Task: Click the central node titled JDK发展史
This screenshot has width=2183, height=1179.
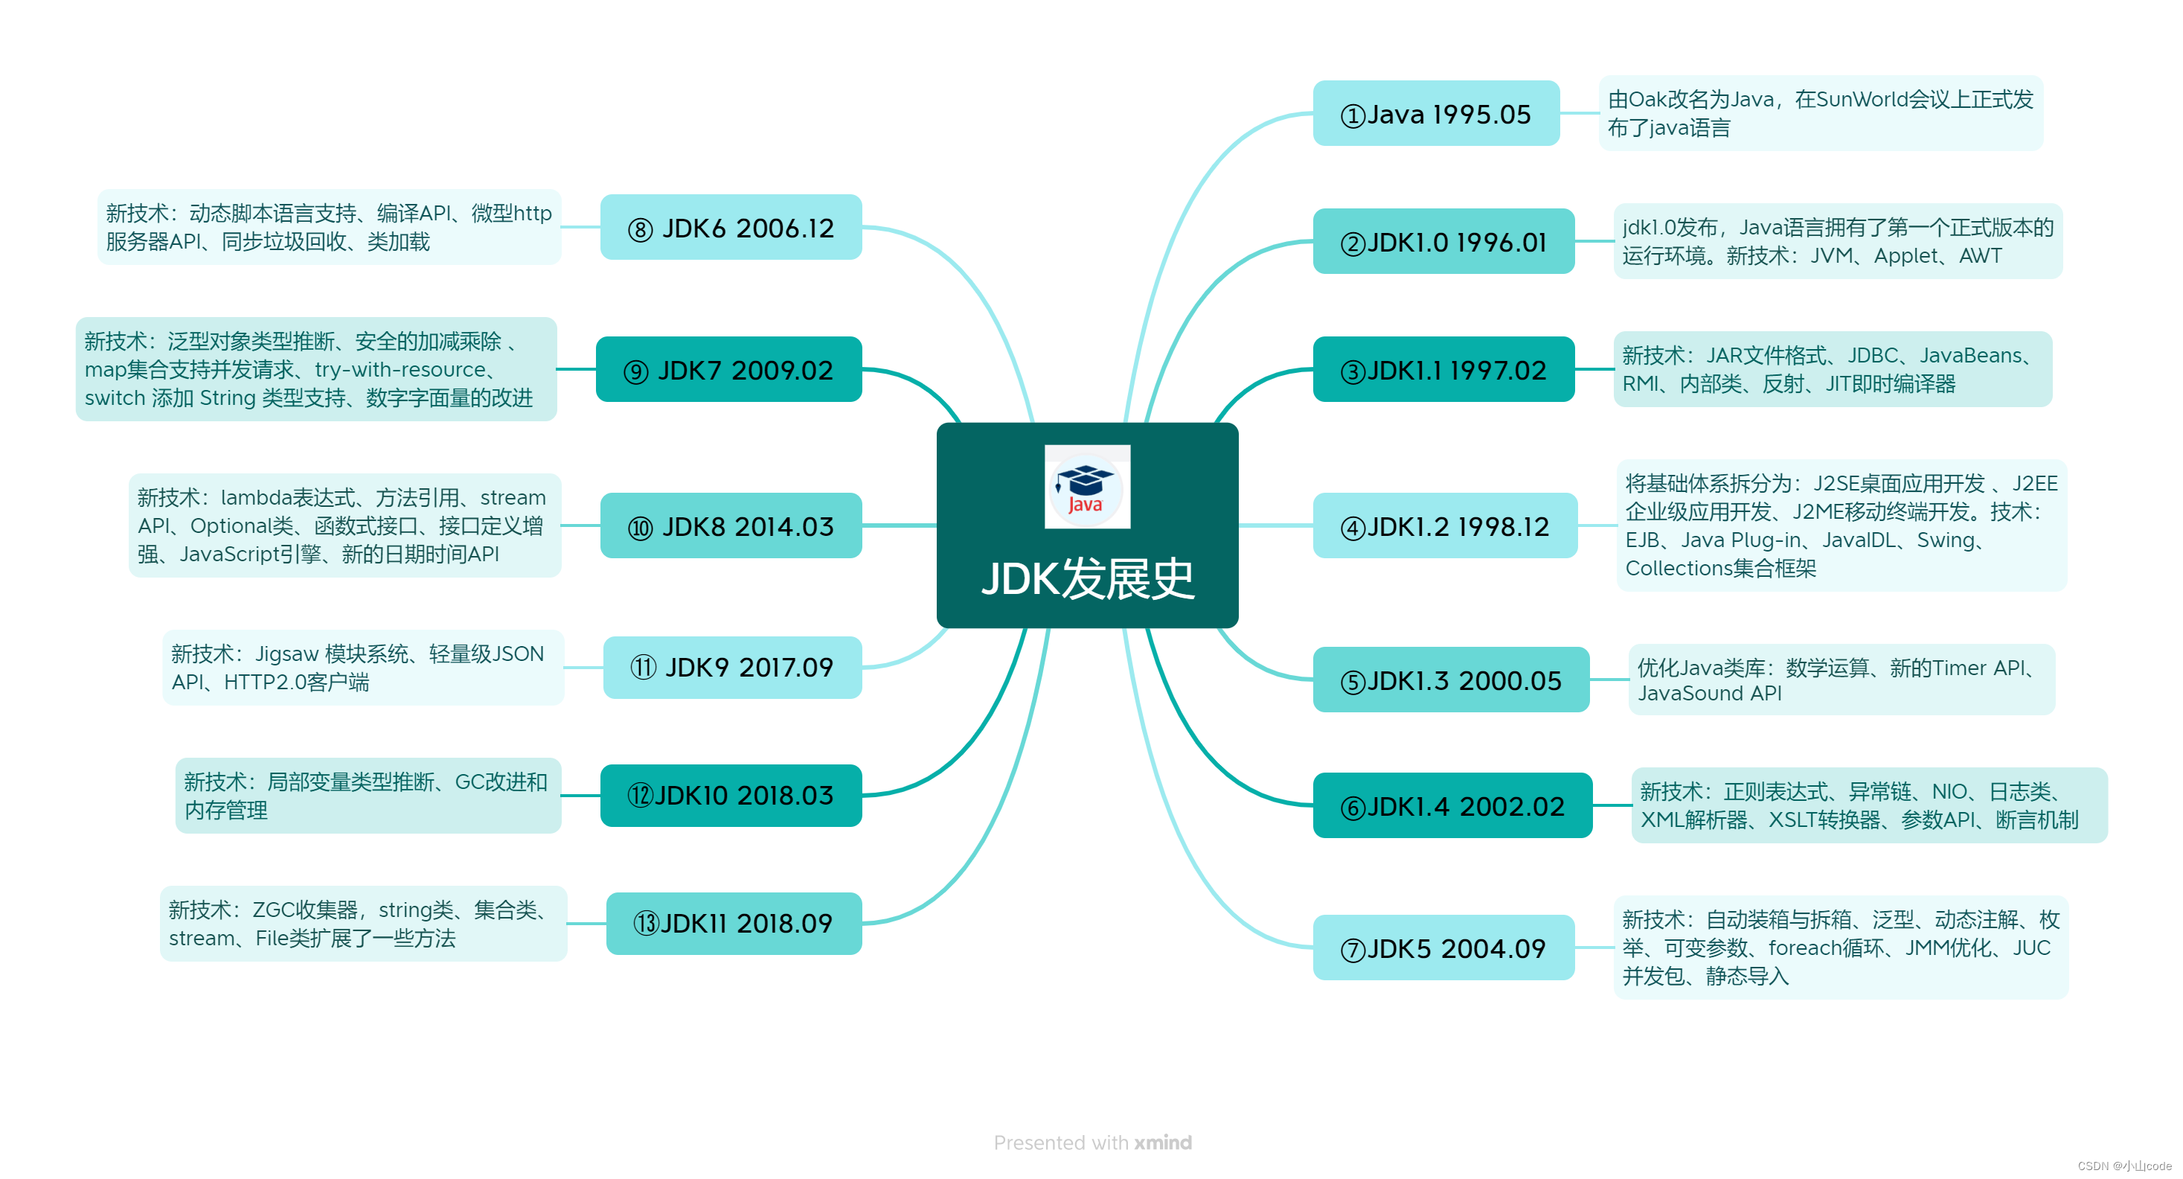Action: pyautogui.click(x=1087, y=579)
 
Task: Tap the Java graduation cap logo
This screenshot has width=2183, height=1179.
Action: pyautogui.click(x=1086, y=487)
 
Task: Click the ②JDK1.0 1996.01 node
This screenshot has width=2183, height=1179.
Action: pyautogui.click(x=1443, y=242)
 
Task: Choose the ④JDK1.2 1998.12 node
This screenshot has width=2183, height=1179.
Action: pyautogui.click(x=1444, y=526)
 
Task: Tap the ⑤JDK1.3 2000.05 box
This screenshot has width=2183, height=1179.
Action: pyautogui.click(x=1450, y=680)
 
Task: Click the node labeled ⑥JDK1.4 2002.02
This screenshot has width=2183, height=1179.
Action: pyautogui.click(x=1452, y=806)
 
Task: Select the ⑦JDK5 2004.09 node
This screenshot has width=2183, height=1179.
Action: pyautogui.click(x=1443, y=948)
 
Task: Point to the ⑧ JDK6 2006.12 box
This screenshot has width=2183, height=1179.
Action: pyautogui.click(x=731, y=227)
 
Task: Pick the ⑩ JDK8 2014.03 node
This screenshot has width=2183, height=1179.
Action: pyautogui.click(x=731, y=526)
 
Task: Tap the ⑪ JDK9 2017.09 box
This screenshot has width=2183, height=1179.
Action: pyautogui.click(x=732, y=667)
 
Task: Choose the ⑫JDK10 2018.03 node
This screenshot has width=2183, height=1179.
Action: pyautogui.click(x=731, y=795)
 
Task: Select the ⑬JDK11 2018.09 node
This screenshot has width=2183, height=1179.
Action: pyautogui.click(x=733, y=923)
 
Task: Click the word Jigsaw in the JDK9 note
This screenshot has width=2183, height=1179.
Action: pyautogui.click(x=286, y=654)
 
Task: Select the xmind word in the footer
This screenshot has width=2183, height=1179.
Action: pyautogui.click(x=1163, y=1143)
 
